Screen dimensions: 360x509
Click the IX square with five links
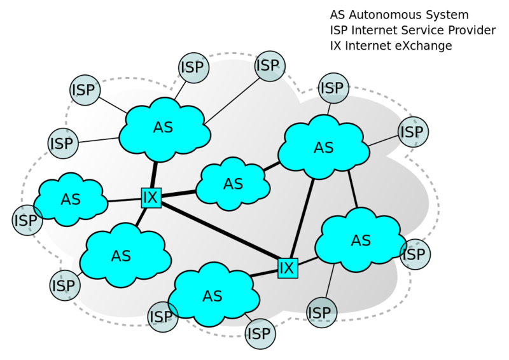click(x=150, y=198)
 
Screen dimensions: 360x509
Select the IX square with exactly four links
click(x=287, y=268)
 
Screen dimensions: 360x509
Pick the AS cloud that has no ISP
click(x=233, y=184)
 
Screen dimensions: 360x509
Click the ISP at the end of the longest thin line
click(x=268, y=66)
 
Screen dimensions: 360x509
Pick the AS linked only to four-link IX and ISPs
click(x=212, y=296)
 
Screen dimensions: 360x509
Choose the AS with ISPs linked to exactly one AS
click(x=360, y=240)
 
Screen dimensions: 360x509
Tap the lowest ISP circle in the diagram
click(x=259, y=333)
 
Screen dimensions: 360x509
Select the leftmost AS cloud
click(x=70, y=200)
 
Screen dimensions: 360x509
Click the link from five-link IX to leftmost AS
click(x=124, y=200)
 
